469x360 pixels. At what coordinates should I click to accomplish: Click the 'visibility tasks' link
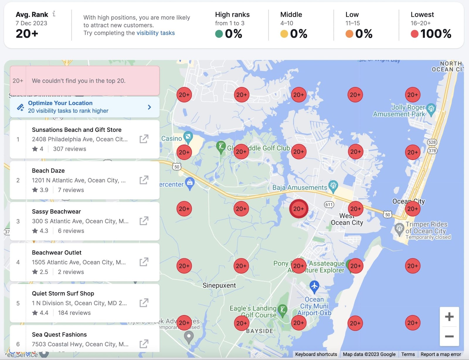click(155, 33)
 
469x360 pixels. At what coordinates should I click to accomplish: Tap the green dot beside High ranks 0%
click(219, 34)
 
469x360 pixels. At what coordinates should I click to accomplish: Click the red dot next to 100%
click(414, 34)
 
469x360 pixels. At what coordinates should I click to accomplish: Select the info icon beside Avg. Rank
click(54, 14)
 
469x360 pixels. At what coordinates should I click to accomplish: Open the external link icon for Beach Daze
click(144, 180)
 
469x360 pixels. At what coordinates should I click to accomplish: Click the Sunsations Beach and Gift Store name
click(77, 130)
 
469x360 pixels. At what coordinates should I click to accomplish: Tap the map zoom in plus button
click(449, 317)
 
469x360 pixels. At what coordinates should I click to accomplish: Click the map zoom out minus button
click(449, 336)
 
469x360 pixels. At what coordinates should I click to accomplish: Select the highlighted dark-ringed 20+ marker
click(298, 209)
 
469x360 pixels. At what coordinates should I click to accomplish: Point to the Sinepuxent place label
click(219, 285)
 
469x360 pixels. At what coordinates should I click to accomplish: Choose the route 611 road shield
click(329, 204)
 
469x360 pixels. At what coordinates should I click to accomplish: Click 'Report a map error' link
click(441, 354)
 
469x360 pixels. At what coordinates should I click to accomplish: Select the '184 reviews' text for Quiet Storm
click(74, 313)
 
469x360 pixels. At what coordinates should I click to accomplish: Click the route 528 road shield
click(432, 142)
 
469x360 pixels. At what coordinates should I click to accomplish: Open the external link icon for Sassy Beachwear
click(144, 221)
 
